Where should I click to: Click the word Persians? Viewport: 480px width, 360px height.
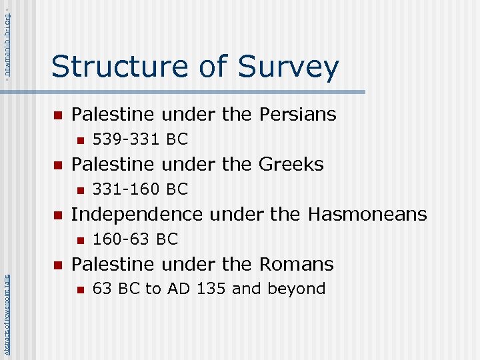click(294, 115)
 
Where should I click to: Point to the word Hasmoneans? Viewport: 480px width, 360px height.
click(367, 214)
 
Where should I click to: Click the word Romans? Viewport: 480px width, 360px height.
click(296, 264)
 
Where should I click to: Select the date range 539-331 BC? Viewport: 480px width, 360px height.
click(140, 139)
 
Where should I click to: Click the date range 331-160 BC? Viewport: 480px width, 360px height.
click(140, 189)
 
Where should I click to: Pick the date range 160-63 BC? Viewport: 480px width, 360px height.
click(135, 239)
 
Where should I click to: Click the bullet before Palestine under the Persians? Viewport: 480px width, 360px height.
click(57, 115)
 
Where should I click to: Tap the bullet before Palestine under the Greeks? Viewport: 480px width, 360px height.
click(57, 165)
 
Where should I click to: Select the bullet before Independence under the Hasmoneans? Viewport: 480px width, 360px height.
click(57, 215)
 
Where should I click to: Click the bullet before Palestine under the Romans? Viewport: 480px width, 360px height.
click(57, 265)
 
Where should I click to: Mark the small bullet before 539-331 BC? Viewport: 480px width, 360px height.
click(79, 141)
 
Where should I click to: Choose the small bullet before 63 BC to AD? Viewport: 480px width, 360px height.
click(79, 290)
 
